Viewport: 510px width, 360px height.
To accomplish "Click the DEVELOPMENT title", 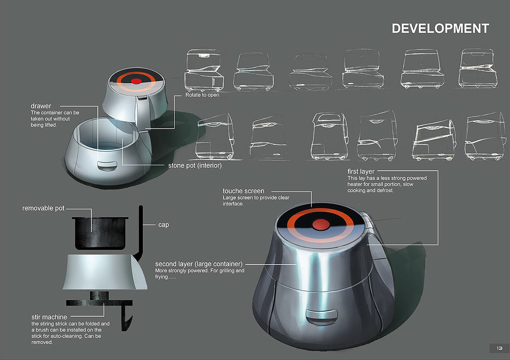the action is point(440,28).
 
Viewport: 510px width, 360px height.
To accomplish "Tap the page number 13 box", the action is point(499,348).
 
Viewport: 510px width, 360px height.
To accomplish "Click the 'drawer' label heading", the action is point(41,105).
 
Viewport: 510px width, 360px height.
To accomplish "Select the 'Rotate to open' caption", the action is point(202,95).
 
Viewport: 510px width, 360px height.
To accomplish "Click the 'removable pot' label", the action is point(44,208).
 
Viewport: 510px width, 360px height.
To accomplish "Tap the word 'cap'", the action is point(163,225).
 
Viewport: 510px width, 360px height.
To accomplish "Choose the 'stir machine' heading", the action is point(49,317).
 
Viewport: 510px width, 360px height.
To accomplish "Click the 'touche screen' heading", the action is point(243,191).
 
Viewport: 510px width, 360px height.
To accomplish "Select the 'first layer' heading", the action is point(361,172).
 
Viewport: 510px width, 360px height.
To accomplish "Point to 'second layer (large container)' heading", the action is point(198,264).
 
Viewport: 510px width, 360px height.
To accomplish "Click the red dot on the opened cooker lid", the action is point(136,81).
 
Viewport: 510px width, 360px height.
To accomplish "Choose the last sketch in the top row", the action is point(477,68).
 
